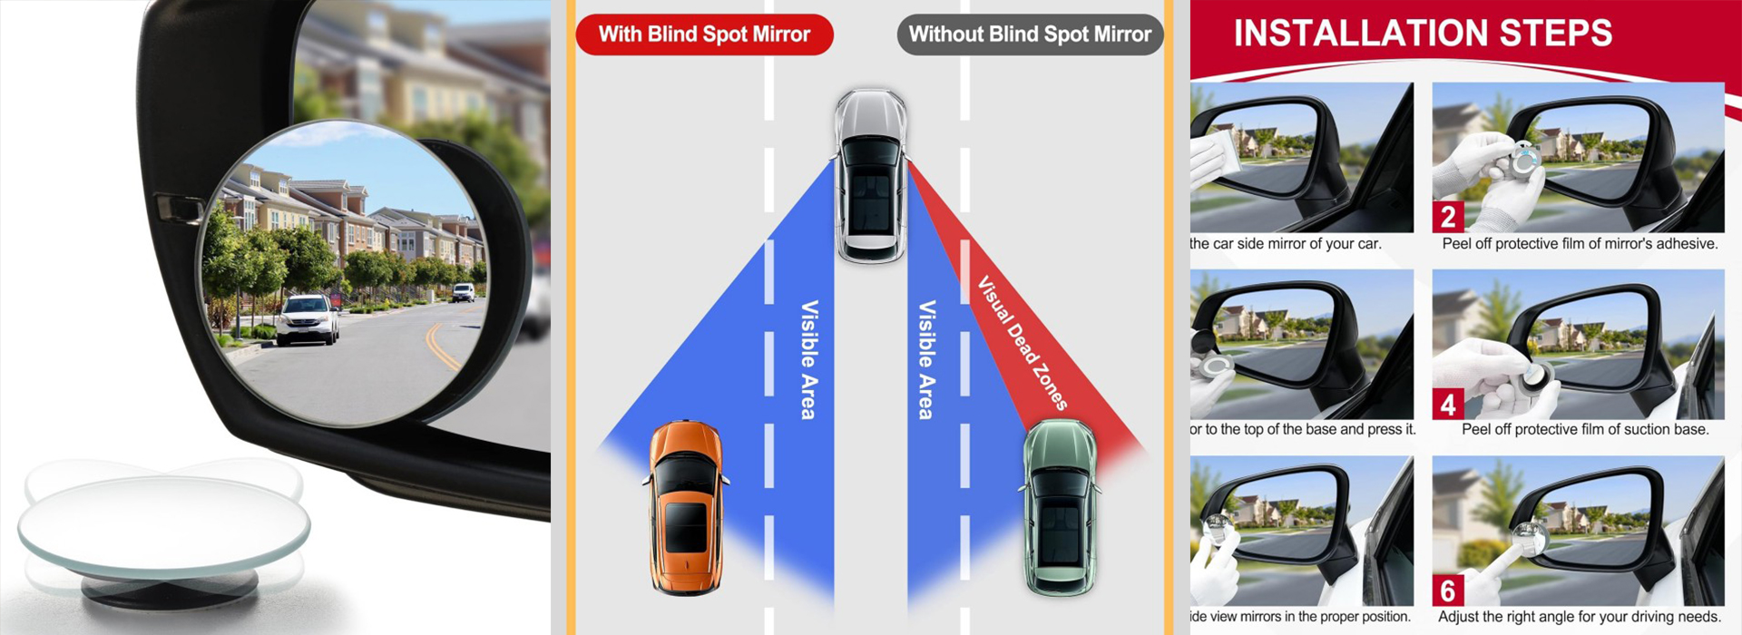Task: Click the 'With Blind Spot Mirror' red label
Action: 704,34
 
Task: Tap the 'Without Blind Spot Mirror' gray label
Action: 1030,34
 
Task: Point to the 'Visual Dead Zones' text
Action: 1023,343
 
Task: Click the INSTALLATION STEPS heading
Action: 1423,34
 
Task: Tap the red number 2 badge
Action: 1448,216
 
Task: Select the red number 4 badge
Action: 1448,403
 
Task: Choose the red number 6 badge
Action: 1448,591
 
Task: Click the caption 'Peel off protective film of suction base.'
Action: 1585,429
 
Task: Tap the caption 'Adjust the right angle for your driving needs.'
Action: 1580,617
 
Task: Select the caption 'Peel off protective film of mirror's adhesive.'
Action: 1580,243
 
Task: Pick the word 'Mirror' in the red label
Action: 781,34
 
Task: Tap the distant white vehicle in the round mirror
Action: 463,292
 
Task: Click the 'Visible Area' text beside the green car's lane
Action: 926,359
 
